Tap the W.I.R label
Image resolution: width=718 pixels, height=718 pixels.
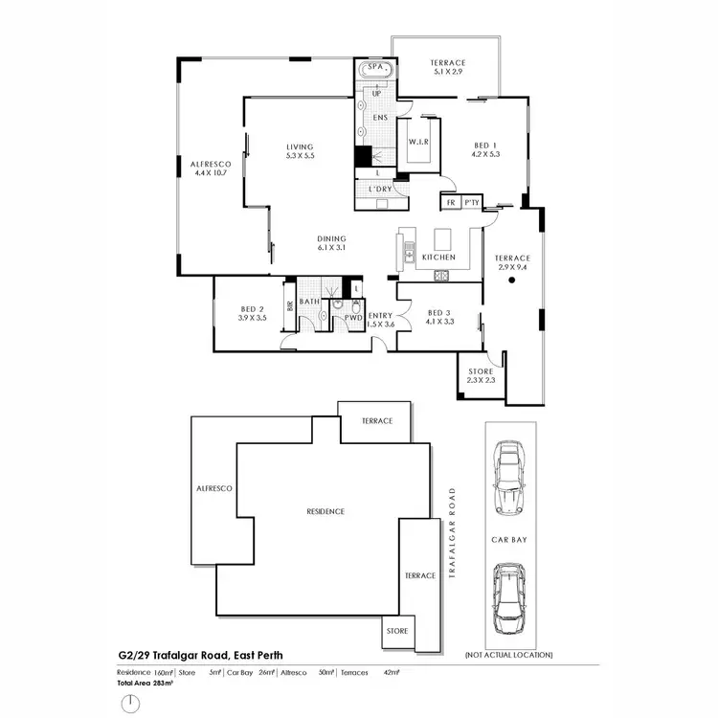pyautogui.click(x=417, y=142)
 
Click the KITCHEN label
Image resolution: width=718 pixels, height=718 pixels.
pyautogui.click(x=438, y=258)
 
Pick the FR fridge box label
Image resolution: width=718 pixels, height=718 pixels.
pyautogui.click(x=450, y=203)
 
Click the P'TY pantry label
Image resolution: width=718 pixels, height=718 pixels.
pyautogui.click(x=471, y=203)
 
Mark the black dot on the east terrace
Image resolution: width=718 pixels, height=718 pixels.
pyautogui.click(x=512, y=281)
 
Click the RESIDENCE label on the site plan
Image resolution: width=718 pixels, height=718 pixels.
pyautogui.click(x=325, y=511)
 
